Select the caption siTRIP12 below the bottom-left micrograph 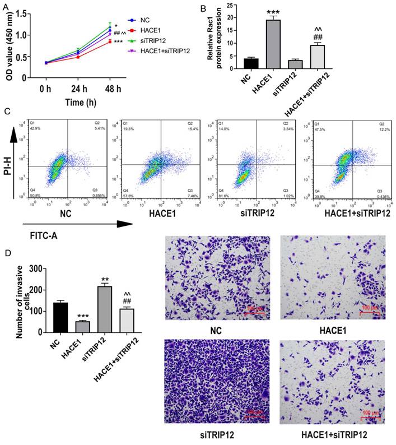pos(217,435)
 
